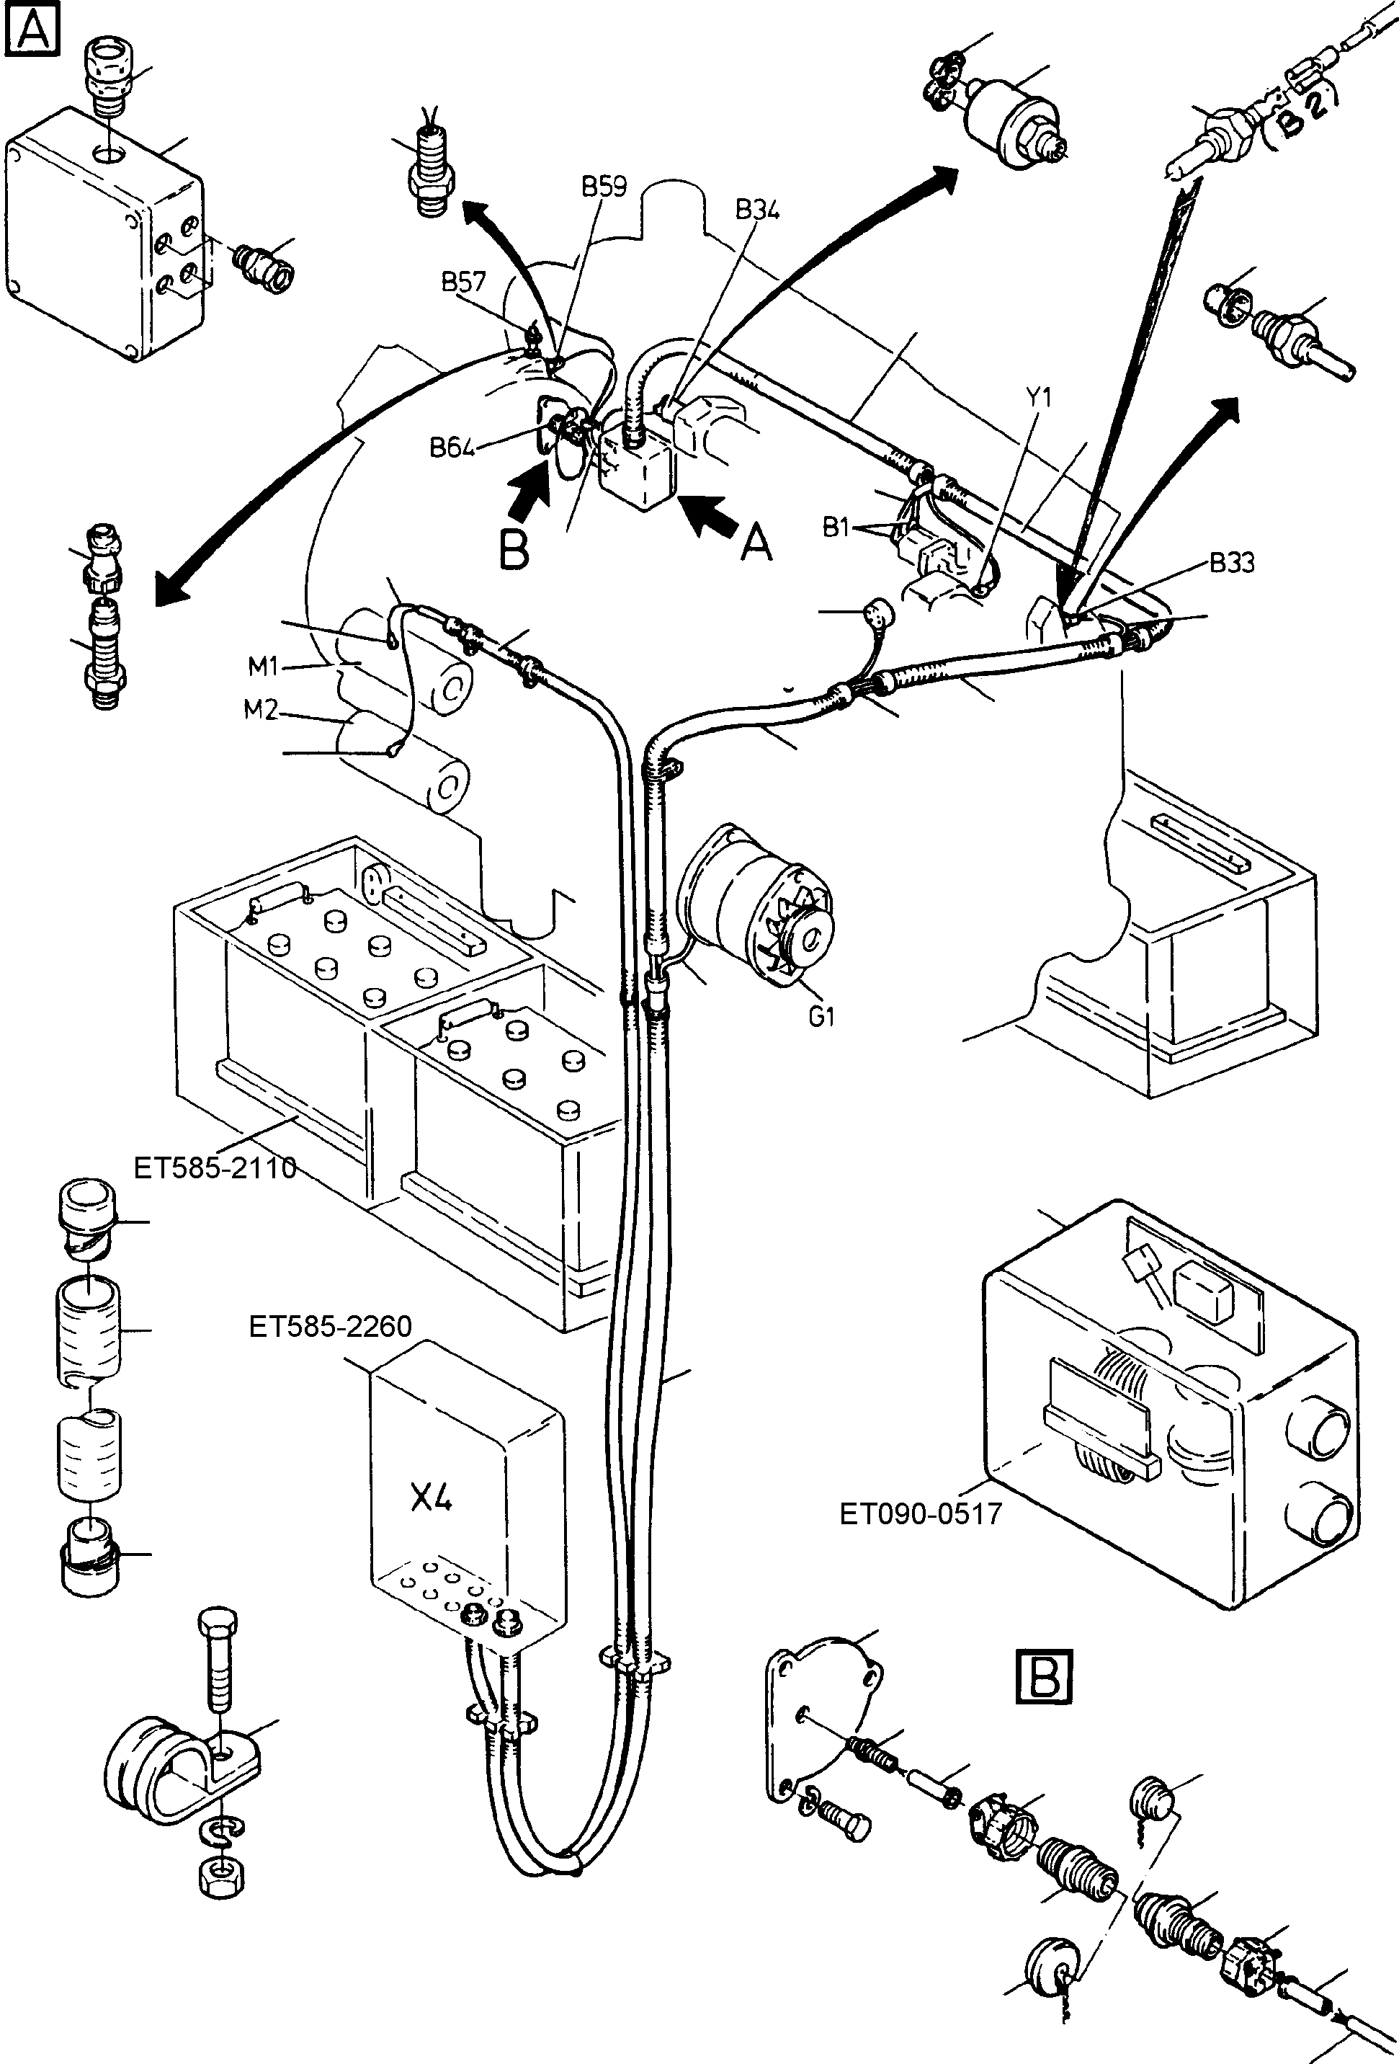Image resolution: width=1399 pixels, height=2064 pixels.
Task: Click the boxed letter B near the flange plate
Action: tap(1043, 1676)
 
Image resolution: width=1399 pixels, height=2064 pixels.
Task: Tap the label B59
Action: tap(604, 187)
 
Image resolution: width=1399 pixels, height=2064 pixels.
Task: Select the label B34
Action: tap(756, 210)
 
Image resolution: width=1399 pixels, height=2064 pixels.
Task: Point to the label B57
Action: tap(463, 282)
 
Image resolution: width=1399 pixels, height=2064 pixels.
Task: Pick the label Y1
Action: tap(1039, 397)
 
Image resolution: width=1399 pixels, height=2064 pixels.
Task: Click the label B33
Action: tap(1231, 563)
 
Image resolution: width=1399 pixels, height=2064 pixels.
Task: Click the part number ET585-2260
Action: tap(330, 1327)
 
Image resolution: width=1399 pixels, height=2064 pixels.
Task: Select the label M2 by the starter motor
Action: tap(260, 711)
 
